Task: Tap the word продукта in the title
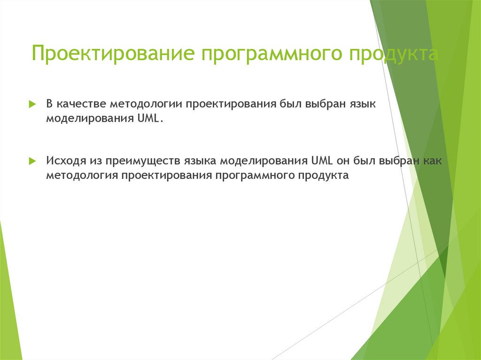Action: [393, 54]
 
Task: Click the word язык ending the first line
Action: [363, 104]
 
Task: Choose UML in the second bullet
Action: [321, 161]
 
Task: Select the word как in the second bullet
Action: [432, 161]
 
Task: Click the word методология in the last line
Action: [82, 176]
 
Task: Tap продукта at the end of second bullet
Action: [324, 176]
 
